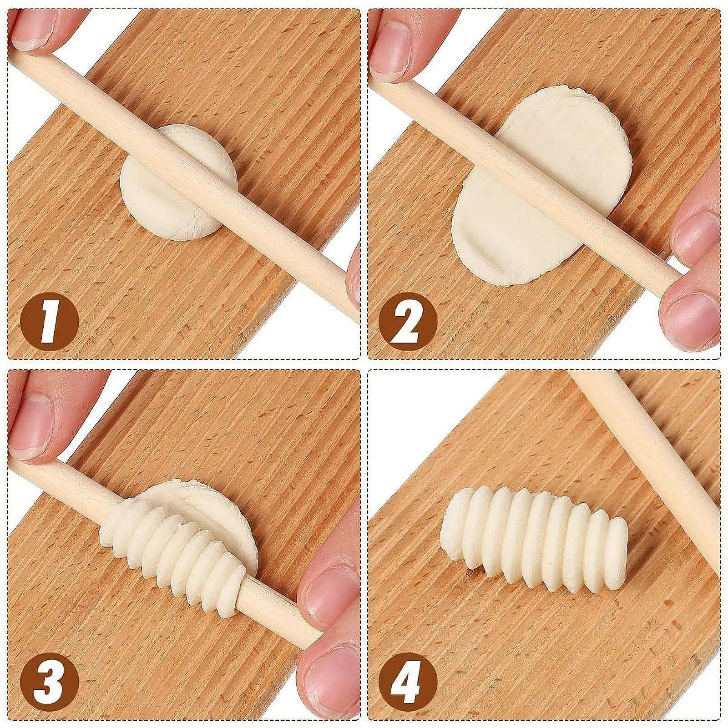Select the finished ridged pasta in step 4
click(535, 544)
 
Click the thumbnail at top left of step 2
click(391, 55)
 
